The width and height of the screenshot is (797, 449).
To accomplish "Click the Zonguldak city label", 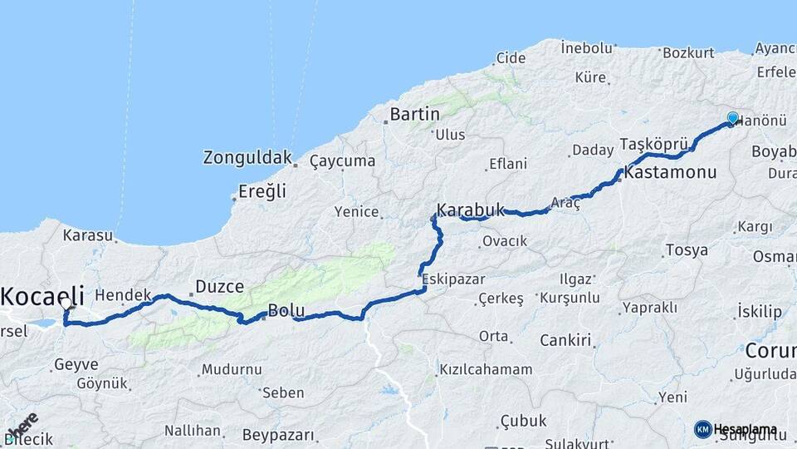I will [x=248, y=156].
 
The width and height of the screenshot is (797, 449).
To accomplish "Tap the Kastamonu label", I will [x=670, y=174].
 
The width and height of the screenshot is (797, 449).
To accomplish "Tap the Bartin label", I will [x=414, y=114].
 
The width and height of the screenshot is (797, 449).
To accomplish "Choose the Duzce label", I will [x=219, y=287].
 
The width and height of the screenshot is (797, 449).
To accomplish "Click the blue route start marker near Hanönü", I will [x=732, y=118].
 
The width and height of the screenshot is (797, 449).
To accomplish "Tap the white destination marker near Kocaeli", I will [x=66, y=305].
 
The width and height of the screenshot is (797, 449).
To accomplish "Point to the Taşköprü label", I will [x=650, y=145].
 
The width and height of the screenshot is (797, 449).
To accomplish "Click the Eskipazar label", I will [x=453, y=278].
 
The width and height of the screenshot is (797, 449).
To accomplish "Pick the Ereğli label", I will [x=262, y=191].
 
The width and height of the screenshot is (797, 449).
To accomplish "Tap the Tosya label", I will [x=687, y=249].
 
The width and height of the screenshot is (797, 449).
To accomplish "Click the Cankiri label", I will [x=565, y=340].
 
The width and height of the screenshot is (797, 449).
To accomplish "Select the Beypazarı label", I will [x=279, y=435].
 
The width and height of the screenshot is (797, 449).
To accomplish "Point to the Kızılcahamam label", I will [x=486, y=369].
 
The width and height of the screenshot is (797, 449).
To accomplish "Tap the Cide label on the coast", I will [x=511, y=58].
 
